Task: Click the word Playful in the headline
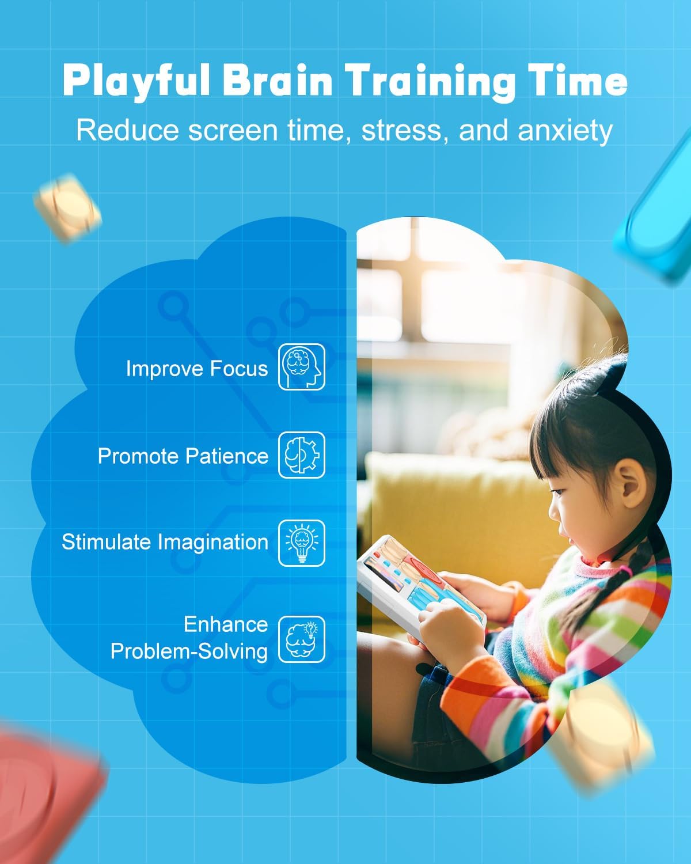(136, 81)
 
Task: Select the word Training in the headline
(430, 82)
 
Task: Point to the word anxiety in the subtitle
(565, 131)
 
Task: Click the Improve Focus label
(197, 368)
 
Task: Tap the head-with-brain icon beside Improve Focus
(302, 366)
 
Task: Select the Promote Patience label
(183, 456)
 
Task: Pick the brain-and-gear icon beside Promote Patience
(302, 455)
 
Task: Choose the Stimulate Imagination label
(165, 542)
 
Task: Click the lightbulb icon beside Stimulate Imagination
(302, 543)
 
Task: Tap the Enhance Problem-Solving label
(189, 638)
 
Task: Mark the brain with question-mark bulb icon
(302, 639)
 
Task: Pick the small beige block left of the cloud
(67, 209)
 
